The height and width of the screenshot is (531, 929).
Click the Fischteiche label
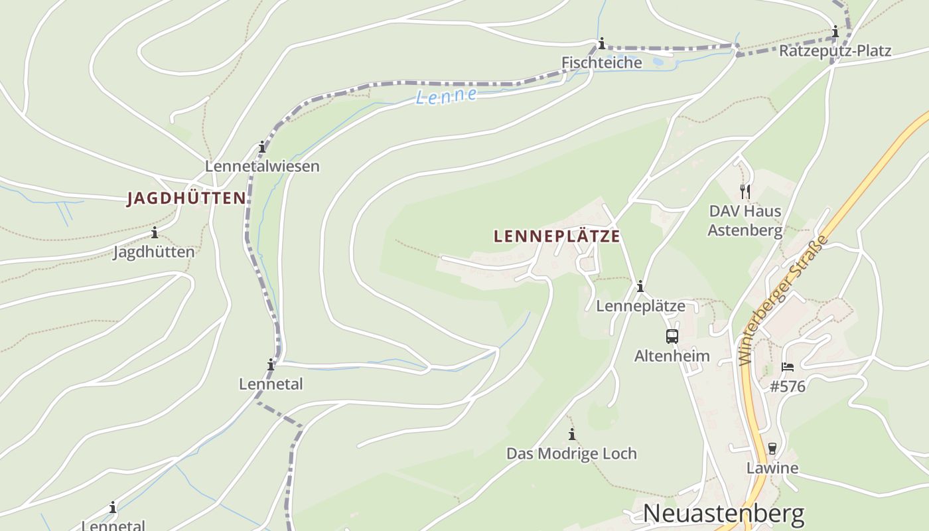[602, 62]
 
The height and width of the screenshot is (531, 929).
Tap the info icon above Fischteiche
[602, 44]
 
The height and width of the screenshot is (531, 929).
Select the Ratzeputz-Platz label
[835, 50]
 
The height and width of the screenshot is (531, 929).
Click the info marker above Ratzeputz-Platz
[835, 31]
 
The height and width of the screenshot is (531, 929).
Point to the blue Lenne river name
[446, 96]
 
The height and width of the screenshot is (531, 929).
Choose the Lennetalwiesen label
[262, 166]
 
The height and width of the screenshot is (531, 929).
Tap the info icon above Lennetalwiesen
[262, 147]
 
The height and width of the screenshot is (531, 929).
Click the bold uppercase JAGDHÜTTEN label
[186, 198]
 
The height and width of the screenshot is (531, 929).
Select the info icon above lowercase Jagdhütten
[155, 232]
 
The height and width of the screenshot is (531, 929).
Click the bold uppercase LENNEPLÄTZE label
[557, 236]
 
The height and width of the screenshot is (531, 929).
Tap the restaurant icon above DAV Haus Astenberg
[745, 192]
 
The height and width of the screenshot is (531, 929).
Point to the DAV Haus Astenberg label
[745, 220]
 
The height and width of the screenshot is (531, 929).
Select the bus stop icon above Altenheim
[672, 337]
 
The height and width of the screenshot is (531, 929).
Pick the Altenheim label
[672, 356]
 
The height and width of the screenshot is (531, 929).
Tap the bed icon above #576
[788, 366]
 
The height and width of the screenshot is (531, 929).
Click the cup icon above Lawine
[772, 449]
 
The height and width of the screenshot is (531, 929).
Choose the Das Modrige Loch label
[571, 453]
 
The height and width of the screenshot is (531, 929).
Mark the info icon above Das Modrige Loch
[572, 434]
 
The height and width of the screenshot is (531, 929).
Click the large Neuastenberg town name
[723, 514]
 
